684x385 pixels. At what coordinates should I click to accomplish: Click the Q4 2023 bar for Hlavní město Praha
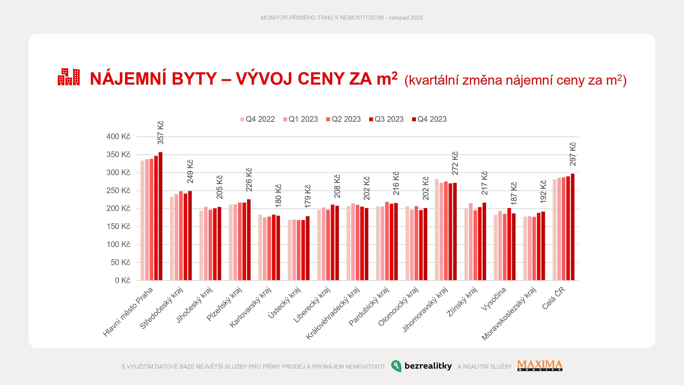pos(160,216)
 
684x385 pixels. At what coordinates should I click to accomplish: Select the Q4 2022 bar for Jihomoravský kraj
pos(437,230)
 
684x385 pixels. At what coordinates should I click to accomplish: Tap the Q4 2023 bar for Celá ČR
pos(573,227)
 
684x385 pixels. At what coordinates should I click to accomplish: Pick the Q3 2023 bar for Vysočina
pos(509,244)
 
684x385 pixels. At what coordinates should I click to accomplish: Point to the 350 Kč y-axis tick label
pos(118,155)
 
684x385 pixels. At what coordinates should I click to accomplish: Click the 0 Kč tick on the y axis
pos(123,280)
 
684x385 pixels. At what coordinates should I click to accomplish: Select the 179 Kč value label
pos(308,196)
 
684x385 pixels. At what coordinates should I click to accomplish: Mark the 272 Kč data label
pos(455,163)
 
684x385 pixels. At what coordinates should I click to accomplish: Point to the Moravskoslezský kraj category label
pos(509,314)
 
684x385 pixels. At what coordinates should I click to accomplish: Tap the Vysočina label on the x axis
pos(494,299)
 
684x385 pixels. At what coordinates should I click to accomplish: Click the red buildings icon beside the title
pos(68,77)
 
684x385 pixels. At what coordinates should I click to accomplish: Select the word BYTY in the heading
pos(194,79)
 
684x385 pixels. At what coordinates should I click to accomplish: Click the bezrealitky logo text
pos(428,366)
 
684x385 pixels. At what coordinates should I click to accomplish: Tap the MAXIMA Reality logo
pos(540,365)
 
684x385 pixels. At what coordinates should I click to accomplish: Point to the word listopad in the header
pos(399,18)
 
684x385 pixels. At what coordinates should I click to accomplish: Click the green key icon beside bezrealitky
pos(396,366)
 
